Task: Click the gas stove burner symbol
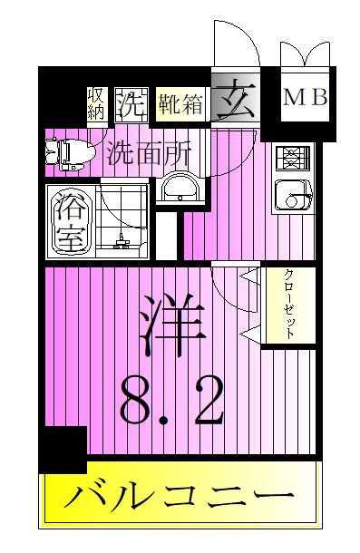pos(293,160)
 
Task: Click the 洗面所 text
pos(148,151)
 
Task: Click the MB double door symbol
pos(304,54)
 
